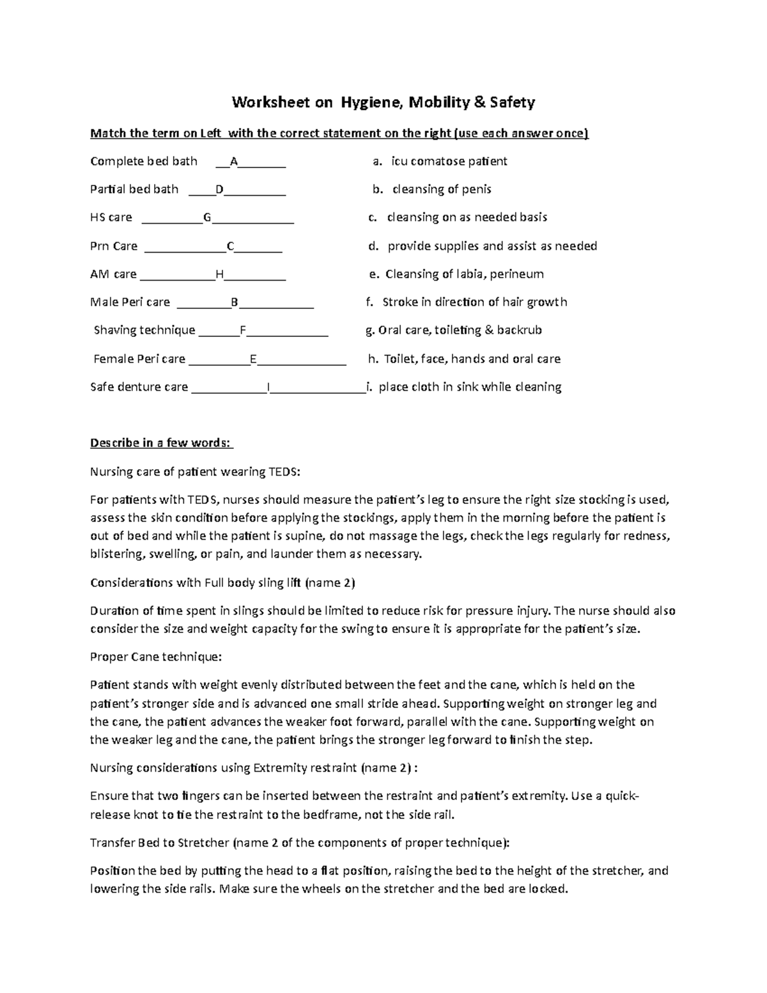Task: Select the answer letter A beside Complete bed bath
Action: pyautogui.click(x=234, y=162)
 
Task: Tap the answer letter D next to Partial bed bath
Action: pyautogui.click(x=219, y=190)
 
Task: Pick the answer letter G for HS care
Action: pyautogui.click(x=207, y=217)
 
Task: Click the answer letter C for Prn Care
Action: pyautogui.click(x=231, y=246)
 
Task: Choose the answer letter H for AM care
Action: pyautogui.click(x=219, y=274)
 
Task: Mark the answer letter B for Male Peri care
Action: pyautogui.click(x=234, y=302)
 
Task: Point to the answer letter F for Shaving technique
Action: pyautogui.click(x=242, y=331)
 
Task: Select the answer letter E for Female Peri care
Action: pyautogui.click(x=253, y=359)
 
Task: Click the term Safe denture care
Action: pyautogui.click(x=139, y=387)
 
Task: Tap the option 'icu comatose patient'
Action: pyautogui.click(x=449, y=161)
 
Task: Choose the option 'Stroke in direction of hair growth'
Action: pyautogui.click(x=474, y=302)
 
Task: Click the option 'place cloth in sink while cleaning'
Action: pyautogui.click(x=470, y=387)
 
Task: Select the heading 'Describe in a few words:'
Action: pyautogui.click(x=162, y=443)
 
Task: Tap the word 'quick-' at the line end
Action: pyautogui.click(x=621, y=796)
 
